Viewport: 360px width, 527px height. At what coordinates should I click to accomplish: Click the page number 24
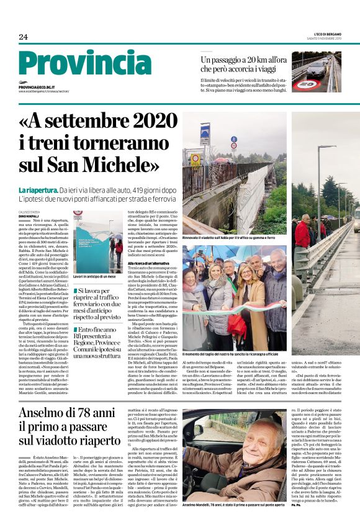click(23, 37)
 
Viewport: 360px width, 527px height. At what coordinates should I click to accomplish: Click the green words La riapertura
click(38, 189)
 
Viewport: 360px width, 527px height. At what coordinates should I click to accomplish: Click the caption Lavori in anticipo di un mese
click(96, 276)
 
